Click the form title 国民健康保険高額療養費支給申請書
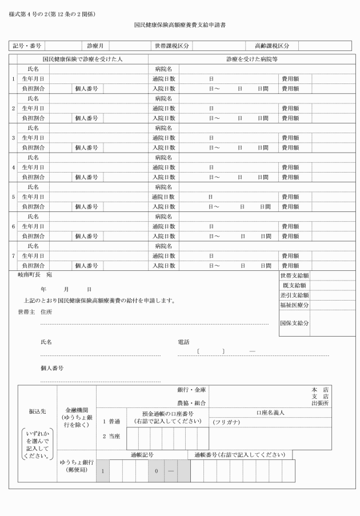pyautogui.click(x=179, y=25)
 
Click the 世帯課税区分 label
pyautogui.click(x=171, y=46)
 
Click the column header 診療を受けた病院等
pyautogui.click(x=251, y=59)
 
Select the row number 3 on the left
pyautogui.click(x=13, y=138)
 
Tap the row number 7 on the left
pyautogui.click(x=13, y=256)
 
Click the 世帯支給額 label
pyautogui.click(x=294, y=276)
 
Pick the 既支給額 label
pyautogui.click(x=294, y=286)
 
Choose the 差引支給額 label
pyautogui.click(x=294, y=295)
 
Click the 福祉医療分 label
pyautogui.click(x=294, y=305)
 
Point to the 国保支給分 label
pyautogui.click(x=294, y=323)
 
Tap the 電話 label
pyautogui.click(x=183, y=342)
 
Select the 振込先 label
pyautogui.click(x=38, y=411)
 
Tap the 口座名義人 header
pyautogui.click(x=271, y=413)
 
